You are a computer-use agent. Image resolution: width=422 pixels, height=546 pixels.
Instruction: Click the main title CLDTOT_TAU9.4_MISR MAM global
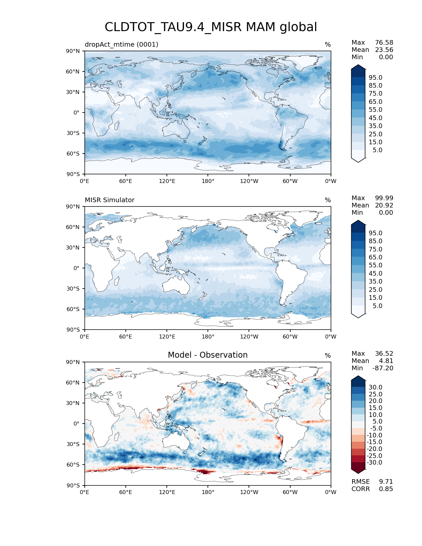211,27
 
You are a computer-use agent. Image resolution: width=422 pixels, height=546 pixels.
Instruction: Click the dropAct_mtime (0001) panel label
121,44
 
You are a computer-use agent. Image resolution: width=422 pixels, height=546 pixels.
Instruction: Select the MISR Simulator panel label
110,200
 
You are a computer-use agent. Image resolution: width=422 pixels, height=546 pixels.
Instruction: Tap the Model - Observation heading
208,355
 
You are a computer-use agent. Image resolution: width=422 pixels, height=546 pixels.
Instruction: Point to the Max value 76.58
384,43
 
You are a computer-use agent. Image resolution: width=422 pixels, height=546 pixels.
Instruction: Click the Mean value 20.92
384,205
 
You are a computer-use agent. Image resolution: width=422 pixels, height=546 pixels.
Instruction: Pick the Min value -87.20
383,368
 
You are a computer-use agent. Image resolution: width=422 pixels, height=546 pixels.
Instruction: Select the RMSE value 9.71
386,482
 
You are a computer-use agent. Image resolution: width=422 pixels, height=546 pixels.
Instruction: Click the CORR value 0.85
386,489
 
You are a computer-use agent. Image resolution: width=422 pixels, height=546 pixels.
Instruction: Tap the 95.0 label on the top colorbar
375,78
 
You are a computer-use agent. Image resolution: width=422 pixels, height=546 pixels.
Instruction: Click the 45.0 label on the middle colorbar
375,274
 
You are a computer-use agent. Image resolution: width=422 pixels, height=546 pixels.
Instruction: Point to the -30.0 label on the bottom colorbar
374,463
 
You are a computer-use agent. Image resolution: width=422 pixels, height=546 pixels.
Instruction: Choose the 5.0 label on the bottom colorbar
377,422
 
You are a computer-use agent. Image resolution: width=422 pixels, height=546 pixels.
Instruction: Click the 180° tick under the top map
208,181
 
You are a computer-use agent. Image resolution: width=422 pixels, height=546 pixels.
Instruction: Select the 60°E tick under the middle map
126,337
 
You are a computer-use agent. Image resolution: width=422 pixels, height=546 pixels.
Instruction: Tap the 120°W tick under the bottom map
249,492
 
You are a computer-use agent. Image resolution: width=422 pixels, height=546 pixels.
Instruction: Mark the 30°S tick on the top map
73,133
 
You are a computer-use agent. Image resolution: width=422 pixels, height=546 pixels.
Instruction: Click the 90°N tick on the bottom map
73,362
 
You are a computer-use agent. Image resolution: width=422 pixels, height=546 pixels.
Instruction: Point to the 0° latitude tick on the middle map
76,268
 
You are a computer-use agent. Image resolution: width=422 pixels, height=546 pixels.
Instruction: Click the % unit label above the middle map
328,200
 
